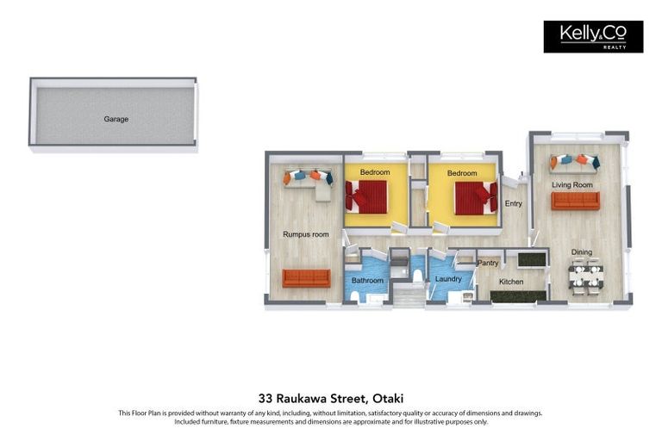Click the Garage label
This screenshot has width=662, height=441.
(x=116, y=119)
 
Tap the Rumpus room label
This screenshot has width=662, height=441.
(x=306, y=234)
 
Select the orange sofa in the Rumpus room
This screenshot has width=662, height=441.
(x=307, y=278)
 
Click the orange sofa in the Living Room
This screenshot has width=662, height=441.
(x=575, y=201)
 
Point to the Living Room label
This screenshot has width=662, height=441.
(x=572, y=185)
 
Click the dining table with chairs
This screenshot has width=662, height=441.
(x=586, y=276)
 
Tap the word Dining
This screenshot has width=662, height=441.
(x=581, y=252)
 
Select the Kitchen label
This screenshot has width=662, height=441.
(x=511, y=282)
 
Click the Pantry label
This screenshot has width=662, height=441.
(x=488, y=263)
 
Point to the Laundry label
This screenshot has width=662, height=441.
(x=448, y=279)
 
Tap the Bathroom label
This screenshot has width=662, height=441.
(x=367, y=280)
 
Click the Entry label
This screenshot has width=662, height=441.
(x=514, y=203)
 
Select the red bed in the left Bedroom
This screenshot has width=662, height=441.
(x=366, y=197)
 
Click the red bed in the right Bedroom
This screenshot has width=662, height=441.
(x=476, y=198)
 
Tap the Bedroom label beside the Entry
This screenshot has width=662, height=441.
(x=462, y=173)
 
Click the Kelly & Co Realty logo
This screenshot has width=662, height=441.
(x=593, y=37)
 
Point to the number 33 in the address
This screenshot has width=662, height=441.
(x=265, y=398)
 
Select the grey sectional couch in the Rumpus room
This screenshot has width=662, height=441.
(x=309, y=183)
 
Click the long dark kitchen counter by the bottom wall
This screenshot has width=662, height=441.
(x=519, y=296)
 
